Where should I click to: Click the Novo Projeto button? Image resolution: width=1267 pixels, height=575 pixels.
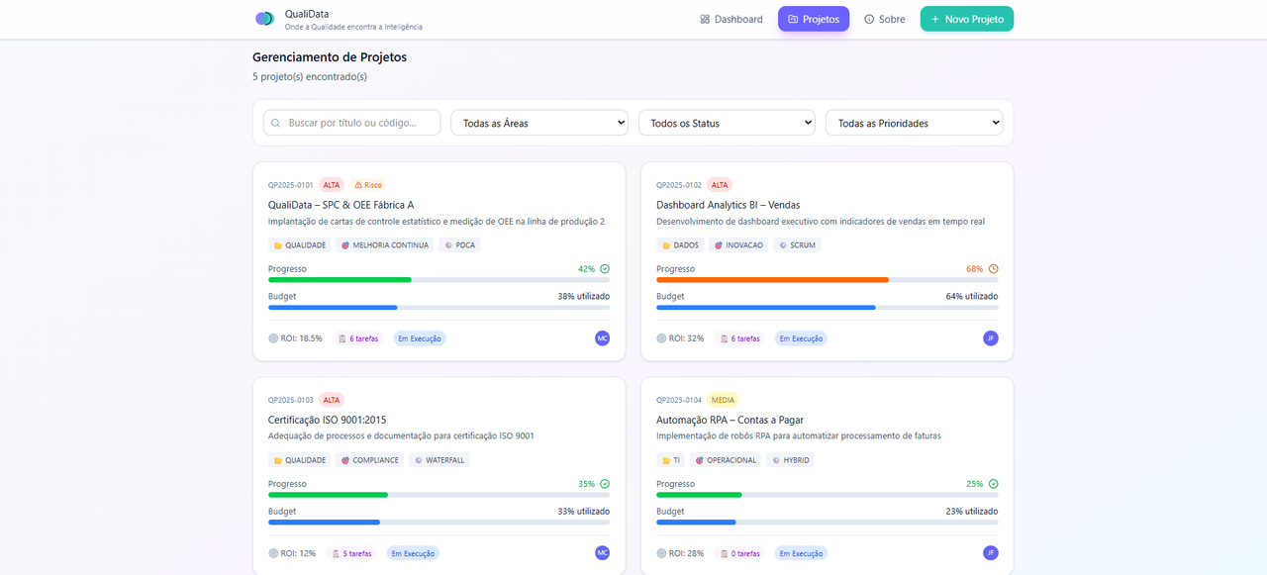(x=966, y=19)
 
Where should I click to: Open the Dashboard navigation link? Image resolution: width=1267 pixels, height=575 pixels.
(x=731, y=19)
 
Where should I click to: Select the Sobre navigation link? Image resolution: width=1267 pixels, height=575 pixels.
(x=884, y=19)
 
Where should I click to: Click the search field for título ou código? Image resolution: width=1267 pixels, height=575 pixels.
(x=351, y=123)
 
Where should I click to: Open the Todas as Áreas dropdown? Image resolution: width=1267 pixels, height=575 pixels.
(x=539, y=123)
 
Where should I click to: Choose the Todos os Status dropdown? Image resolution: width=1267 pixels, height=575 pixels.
(x=727, y=123)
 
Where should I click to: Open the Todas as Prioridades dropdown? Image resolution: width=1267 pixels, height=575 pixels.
(x=914, y=123)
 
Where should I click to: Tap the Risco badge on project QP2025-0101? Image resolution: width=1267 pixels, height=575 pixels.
(x=367, y=185)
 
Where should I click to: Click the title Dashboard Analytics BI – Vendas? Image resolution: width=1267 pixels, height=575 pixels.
(x=728, y=205)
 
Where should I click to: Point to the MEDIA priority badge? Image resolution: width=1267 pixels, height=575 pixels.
(x=723, y=400)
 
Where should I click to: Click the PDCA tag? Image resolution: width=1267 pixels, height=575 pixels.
(x=459, y=244)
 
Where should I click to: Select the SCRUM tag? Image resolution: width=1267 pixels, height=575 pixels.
(x=797, y=244)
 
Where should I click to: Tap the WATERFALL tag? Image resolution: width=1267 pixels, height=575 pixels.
(x=439, y=460)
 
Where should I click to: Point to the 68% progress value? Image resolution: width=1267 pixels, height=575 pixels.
(x=974, y=269)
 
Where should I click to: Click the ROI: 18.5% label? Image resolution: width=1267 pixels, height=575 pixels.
(x=295, y=338)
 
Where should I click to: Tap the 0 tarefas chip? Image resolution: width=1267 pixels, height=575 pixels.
(x=739, y=553)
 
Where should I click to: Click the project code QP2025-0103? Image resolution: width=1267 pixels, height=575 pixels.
(x=290, y=400)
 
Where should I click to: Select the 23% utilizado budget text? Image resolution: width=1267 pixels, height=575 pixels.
(x=971, y=512)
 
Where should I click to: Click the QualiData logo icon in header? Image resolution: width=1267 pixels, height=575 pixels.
(x=264, y=19)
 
